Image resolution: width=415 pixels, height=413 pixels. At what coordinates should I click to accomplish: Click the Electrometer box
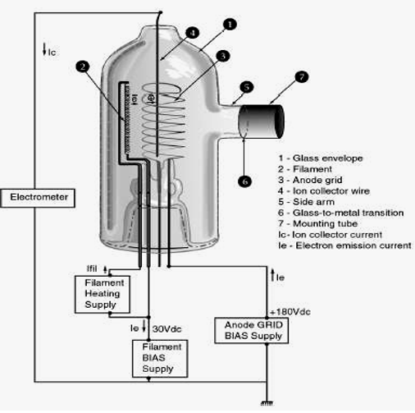coord(38,198)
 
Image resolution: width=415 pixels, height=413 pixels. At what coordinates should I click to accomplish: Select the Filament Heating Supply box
coord(103,294)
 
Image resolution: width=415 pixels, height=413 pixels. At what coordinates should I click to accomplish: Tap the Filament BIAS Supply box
coord(160,359)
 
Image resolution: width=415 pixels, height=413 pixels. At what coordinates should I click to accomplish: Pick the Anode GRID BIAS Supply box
coord(252,330)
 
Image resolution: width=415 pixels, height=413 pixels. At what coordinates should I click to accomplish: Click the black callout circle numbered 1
coord(230,25)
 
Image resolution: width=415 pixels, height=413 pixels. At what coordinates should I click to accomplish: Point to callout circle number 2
coord(83,67)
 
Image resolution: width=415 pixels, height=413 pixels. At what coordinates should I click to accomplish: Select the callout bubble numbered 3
coord(223,56)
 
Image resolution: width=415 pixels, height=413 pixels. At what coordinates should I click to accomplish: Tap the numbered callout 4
coord(193,33)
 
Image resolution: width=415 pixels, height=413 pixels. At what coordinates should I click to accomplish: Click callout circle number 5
coord(247,87)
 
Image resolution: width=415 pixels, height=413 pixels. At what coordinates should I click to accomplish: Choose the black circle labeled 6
coord(244,181)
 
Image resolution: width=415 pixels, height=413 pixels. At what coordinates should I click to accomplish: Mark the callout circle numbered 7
coord(302,77)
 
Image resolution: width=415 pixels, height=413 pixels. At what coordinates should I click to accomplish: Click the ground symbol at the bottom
coord(267,403)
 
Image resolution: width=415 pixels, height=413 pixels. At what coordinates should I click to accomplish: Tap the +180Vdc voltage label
coord(290,312)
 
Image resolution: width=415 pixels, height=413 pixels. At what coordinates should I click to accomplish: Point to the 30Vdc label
coord(166,328)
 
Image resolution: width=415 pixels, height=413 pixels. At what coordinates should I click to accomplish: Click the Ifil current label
coord(92,268)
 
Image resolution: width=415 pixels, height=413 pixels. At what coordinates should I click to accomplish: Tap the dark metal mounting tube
coord(262,122)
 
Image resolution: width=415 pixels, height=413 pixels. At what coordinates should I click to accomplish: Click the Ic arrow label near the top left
coord(49,50)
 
